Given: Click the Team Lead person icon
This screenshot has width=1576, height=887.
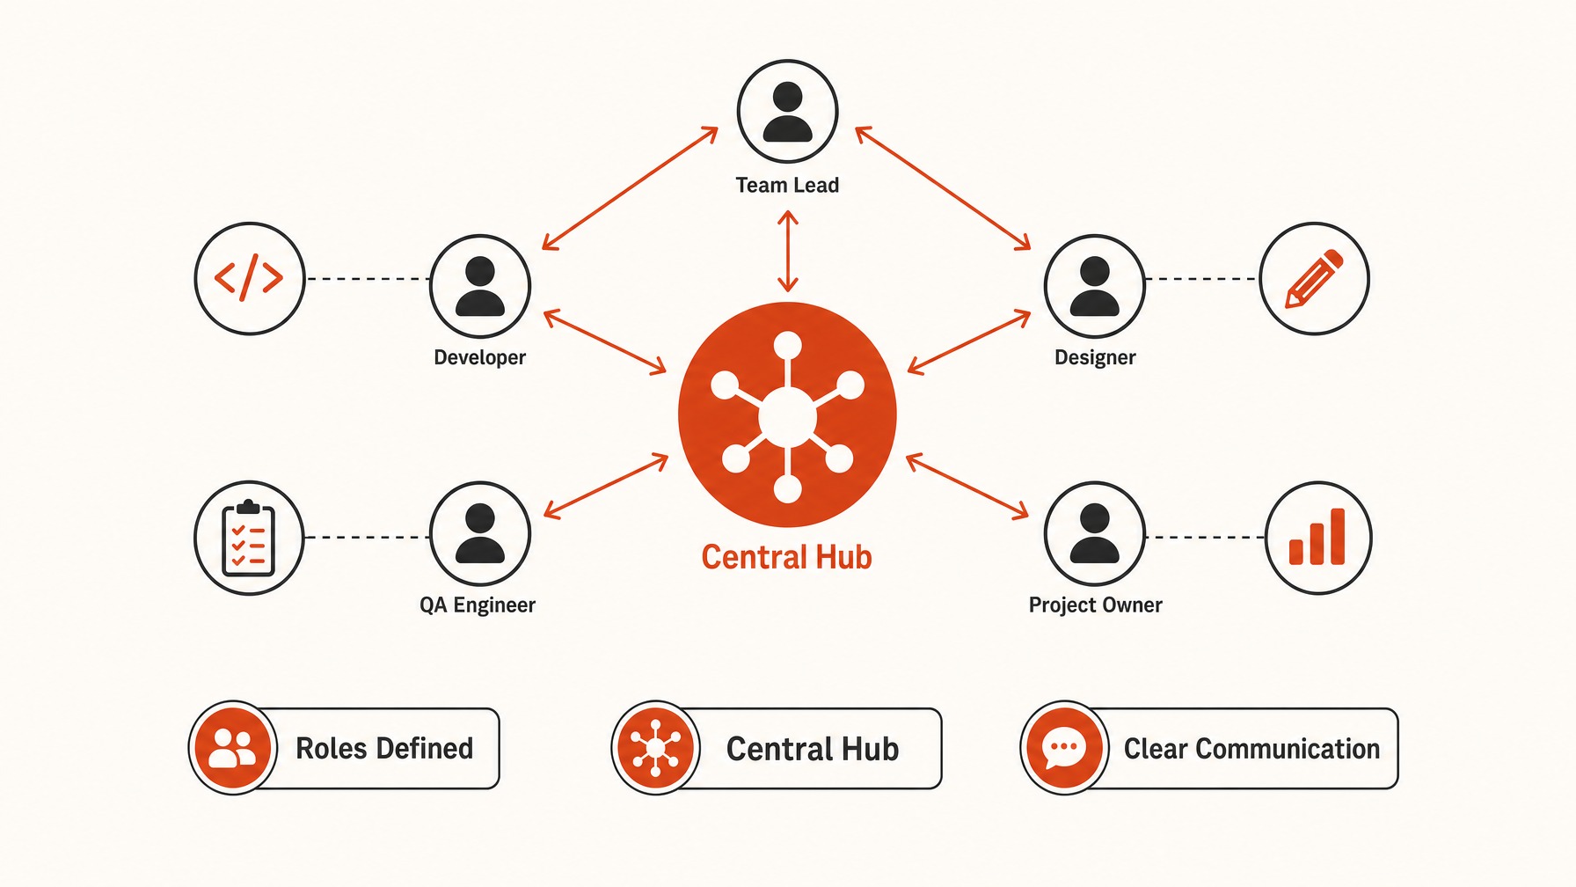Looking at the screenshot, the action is pyautogui.click(x=787, y=112).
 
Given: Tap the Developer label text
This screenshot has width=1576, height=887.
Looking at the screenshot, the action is pyautogui.click(x=479, y=357).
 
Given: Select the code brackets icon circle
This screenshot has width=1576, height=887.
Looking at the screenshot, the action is pyautogui.click(x=250, y=278).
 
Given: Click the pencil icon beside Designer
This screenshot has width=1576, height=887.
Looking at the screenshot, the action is pyautogui.click(x=1314, y=278).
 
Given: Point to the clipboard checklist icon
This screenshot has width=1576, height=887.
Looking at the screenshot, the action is pyautogui.click(x=249, y=538).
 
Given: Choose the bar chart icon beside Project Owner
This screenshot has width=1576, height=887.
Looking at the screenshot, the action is pyautogui.click(x=1317, y=538).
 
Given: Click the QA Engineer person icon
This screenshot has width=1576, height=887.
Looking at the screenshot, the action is pyautogui.click(x=480, y=533).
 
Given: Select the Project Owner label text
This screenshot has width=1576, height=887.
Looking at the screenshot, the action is pyautogui.click(x=1095, y=605).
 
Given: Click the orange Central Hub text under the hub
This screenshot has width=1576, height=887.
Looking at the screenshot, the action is pyautogui.click(x=786, y=557).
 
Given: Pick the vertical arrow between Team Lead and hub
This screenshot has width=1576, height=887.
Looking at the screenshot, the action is pyautogui.click(x=788, y=251).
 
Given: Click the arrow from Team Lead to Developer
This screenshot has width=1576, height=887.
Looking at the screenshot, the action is pyautogui.click(x=630, y=188).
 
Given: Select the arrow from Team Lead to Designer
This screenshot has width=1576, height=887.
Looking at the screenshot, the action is pyautogui.click(x=943, y=188).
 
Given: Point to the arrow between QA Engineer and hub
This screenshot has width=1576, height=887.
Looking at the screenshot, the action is pyautogui.click(x=606, y=486).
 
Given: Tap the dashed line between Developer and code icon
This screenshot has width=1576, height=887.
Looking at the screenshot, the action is pyautogui.click(x=368, y=279).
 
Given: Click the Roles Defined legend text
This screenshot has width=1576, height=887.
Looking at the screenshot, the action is pyautogui.click(x=384, y=749).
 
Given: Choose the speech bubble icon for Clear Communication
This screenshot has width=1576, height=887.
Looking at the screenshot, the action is pyautogui.click(x=1064, y=748).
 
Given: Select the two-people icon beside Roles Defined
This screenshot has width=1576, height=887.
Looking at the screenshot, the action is pyautogui.click(x=233, y=748).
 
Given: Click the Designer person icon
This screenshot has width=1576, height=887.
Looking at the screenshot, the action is pyautogui.click(x=1095, y=287).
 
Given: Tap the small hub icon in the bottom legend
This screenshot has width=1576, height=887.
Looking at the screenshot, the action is pyautogui.click(x=655, y=748).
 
